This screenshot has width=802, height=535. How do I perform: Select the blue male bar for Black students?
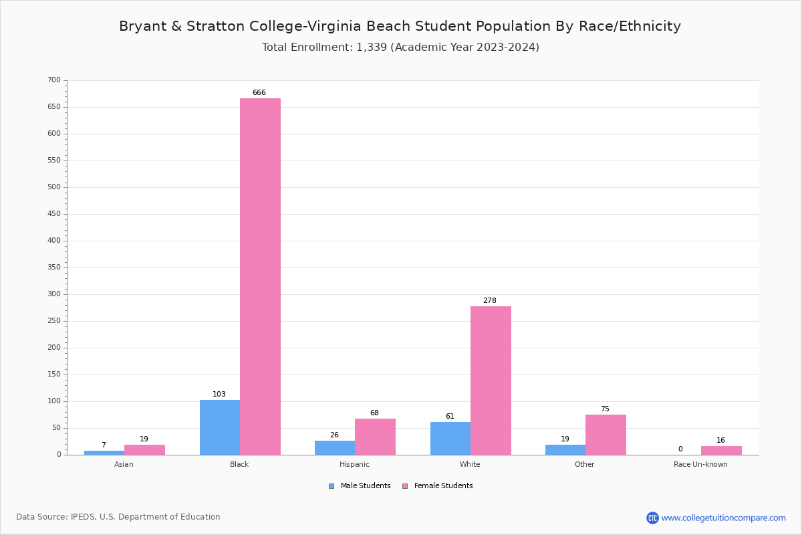point(220,427)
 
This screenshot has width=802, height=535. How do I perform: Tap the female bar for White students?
point(491,381)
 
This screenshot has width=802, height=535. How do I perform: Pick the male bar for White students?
point(450,439)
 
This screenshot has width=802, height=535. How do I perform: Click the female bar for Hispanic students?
point(375,437)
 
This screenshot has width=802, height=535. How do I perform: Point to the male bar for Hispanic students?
point(335,448)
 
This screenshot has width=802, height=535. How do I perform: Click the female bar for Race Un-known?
point(721,451)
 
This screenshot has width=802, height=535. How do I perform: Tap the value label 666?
point(259,92)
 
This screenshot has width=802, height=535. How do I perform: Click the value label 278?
point(490,300)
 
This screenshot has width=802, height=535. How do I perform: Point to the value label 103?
point(219,394)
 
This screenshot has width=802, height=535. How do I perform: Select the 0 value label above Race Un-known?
point(680,449)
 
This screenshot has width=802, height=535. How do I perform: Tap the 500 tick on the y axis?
point(54,187)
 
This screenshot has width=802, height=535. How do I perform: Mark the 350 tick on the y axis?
point(54,267)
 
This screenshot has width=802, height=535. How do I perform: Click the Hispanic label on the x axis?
point(354,464)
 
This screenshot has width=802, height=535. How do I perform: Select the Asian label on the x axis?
point(124,464)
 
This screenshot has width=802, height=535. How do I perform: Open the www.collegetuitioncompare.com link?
point(723,518)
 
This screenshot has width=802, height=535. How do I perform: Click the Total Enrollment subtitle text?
point(400,47)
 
